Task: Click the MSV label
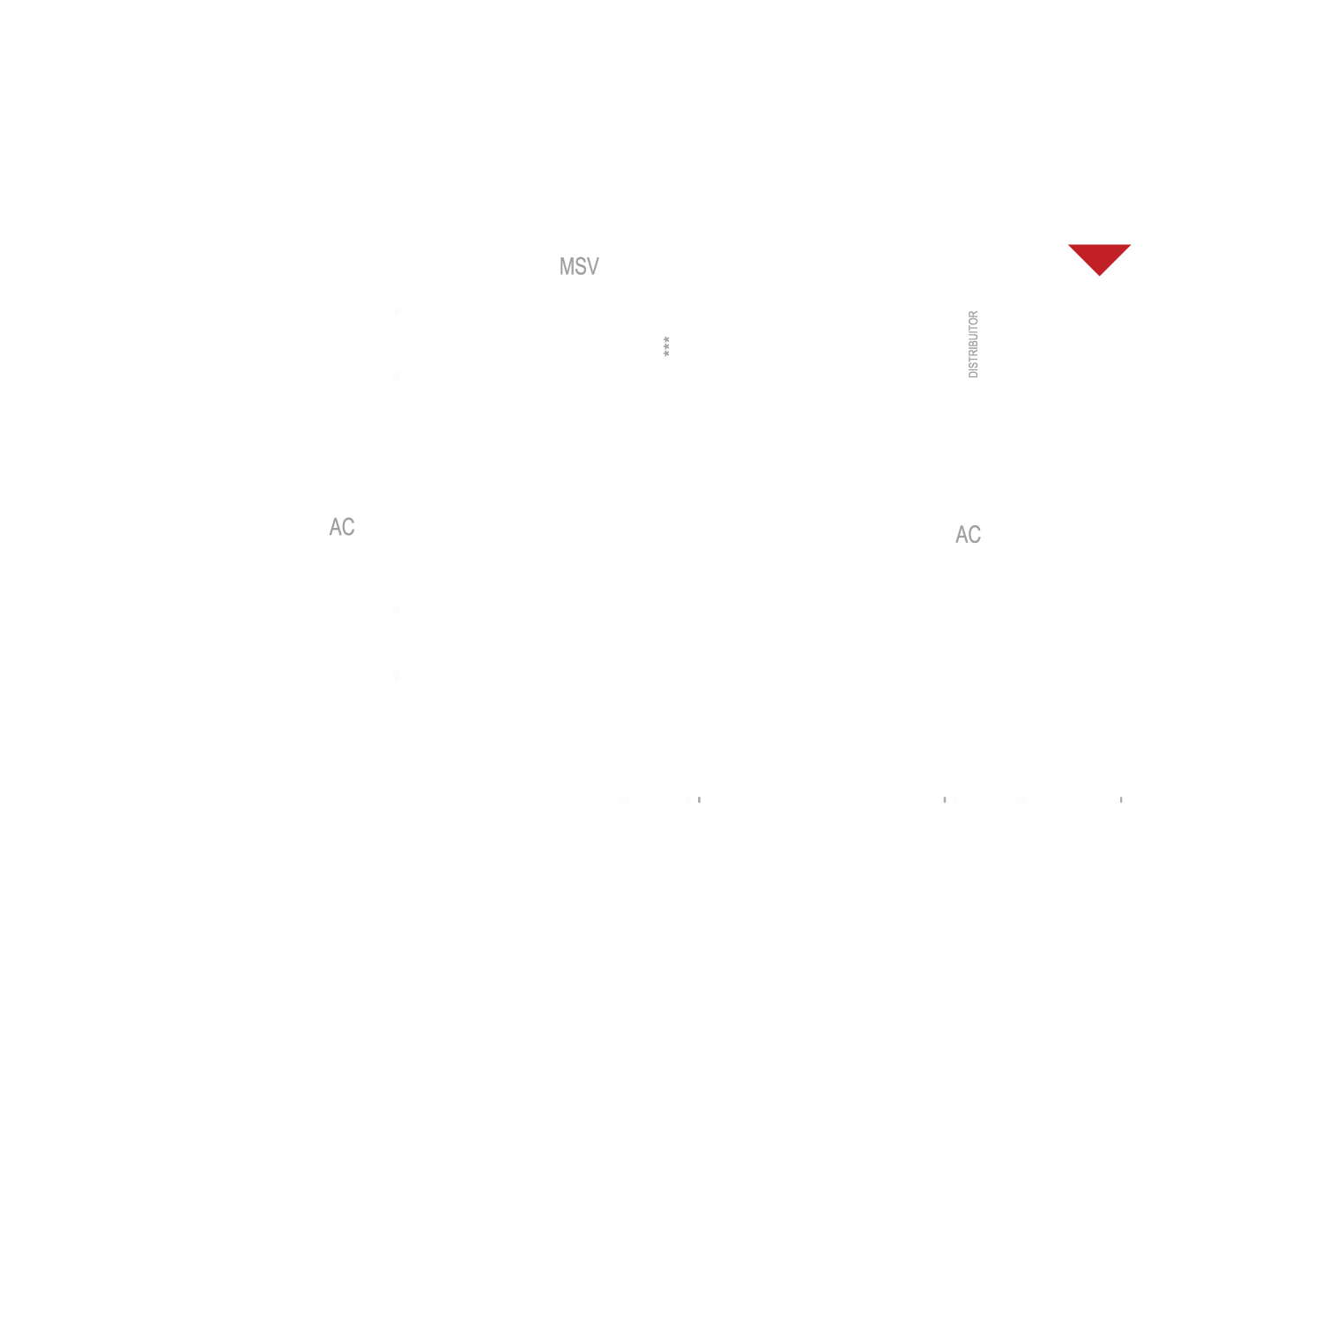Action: (x=579, y=266)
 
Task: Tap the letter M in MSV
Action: (x=566, y=266)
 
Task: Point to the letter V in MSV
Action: (x=593, y=266)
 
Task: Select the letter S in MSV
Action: (x=580, y=266)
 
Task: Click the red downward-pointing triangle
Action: (x=1099, y=256)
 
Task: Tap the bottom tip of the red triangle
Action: (x=1099, y=276)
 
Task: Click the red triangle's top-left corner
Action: (x=1068, y=245)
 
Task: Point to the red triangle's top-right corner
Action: (x=1131, y=245)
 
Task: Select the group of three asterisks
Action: (x=666, y=346)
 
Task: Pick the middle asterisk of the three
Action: (x=666, y=346)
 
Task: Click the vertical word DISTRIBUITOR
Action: (x=973, y=345)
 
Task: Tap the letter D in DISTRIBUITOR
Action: (x=973, y=375)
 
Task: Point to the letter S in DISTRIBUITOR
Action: (x=973, y=363)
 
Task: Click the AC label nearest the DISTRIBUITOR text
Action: (x=968, y=534)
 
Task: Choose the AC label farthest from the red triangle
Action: (x=342, y=527)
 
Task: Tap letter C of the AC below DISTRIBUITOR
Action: (x=975, y=534)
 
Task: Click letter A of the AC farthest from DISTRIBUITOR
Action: (x=335, y=527)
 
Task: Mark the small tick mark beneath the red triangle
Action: (x=1121, y=799)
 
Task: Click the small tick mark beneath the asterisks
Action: (x=699, y=799)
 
